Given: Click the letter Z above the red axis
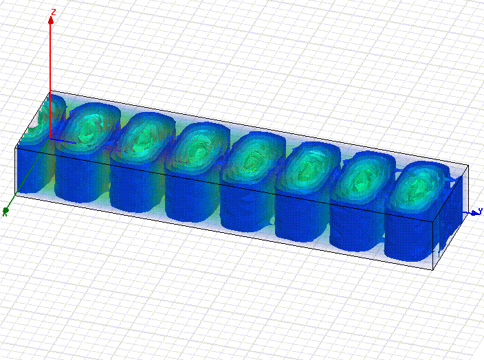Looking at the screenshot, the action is pyautogui.click(x=54, y=12).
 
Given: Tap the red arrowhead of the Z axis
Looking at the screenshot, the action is pyautogui.click(x=51, y=21).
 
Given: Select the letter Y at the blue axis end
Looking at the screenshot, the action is pyautogui.click(x=481, y=211).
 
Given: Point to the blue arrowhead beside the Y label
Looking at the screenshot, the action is pyautogui.click(x=474, y=213).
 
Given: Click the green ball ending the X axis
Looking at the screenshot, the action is pyautogui.click(x=5, y=211).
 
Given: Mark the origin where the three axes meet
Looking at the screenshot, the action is pyautogui.click(x=50, y=139).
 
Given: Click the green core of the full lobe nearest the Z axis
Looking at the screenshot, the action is pyautogui.click(x=88, y=127).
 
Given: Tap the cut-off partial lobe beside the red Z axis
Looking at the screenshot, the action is pyautogui.click(x=42, y=124).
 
